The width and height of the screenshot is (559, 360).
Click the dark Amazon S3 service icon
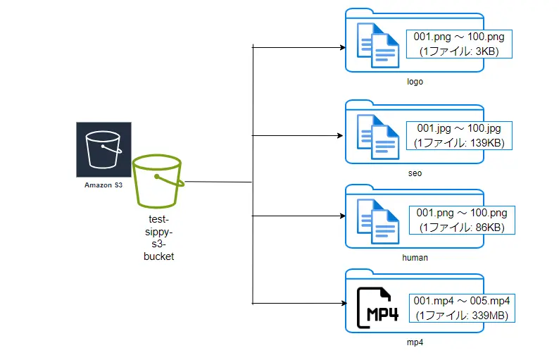click(103, 149)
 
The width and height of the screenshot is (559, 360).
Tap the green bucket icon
click(158, 181)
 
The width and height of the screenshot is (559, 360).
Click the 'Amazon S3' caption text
click(103, 185)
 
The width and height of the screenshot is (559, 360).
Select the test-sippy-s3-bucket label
click(158, 237)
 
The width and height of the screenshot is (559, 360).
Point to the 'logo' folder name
click(415, 82)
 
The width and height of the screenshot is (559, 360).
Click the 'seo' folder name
click(415, 173)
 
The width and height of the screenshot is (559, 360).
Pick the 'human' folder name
click(415, 258)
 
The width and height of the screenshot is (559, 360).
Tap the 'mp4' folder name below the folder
click(415, 342)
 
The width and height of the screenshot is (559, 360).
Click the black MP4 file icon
click(378, 308)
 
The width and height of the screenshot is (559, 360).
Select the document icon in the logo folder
click(378, 45)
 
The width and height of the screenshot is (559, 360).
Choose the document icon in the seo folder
click(378, 137)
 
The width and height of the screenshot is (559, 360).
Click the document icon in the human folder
click(378, 221)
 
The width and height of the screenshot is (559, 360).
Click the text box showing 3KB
click(459, 44)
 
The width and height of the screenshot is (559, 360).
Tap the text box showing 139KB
click(459, 135)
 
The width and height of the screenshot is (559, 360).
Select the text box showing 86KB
click(462, 220)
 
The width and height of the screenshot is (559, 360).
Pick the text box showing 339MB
click(462, 309)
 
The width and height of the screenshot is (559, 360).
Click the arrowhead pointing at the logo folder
click(343, 47)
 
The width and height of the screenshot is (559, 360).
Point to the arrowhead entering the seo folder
click(340, 135)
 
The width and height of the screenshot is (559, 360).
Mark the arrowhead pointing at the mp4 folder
click(344, 303)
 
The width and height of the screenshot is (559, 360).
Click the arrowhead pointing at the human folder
click(343, 216)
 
